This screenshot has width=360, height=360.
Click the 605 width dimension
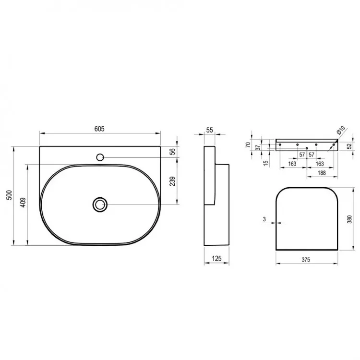(99, 129)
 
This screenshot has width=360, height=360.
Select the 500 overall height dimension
(9, 195)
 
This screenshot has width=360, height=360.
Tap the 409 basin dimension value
(23, 202)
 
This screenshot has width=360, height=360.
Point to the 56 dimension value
(172, 152)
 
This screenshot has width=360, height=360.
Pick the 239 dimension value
(172, 181)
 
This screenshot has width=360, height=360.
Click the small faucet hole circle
(100, 157)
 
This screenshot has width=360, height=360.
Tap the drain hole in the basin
(100, 204)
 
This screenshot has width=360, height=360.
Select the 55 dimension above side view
(209, 130)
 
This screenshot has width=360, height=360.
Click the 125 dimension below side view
(216, 259)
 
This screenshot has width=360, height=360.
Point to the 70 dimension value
(248, 144)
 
